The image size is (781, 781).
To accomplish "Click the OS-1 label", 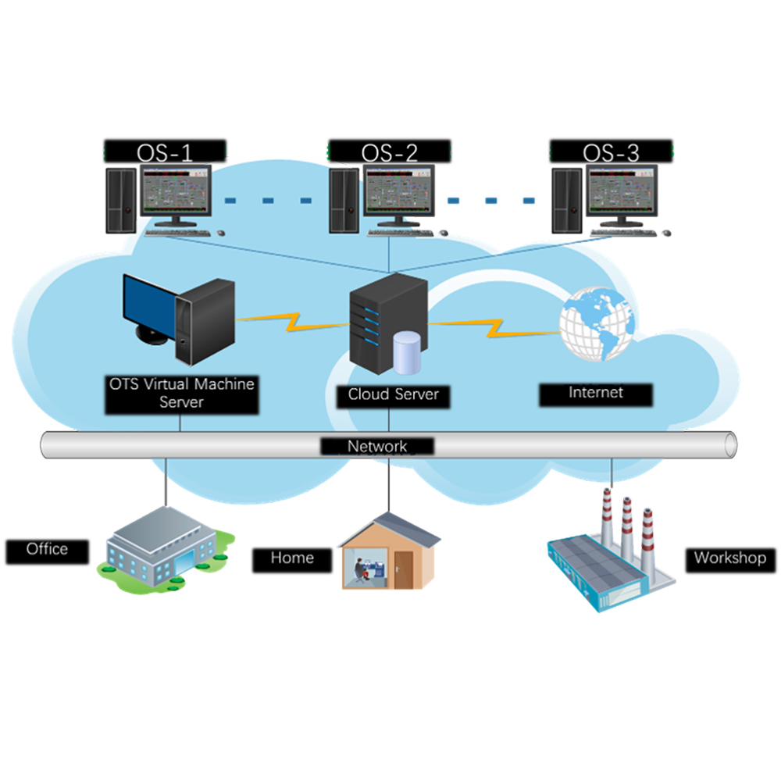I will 165,152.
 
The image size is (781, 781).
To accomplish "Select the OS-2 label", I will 389,152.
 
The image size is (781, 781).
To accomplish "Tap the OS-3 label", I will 611,152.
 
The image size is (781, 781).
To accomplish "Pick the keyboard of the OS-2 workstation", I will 400,231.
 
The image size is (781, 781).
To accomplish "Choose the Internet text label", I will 596,394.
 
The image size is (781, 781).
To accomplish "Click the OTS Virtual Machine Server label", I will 181,393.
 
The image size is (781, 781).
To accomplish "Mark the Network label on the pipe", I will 377,447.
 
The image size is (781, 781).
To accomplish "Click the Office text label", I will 47,550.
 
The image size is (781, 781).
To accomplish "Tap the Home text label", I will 292,558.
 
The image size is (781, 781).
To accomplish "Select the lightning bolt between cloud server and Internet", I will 492,326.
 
